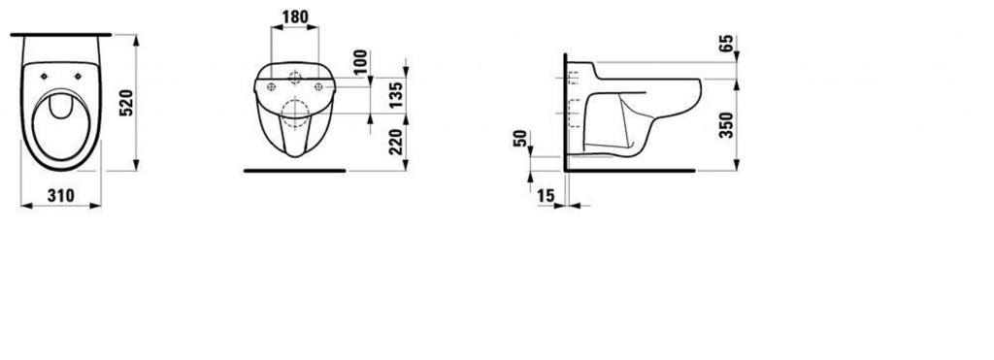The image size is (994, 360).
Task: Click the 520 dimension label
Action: pos(124,101)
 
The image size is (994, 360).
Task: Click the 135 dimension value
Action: pos(394,97)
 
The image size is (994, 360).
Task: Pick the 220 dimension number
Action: pos(394,145)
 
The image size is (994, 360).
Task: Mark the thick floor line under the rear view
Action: pos(293,170)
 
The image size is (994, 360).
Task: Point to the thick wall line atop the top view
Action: pos(63,33)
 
